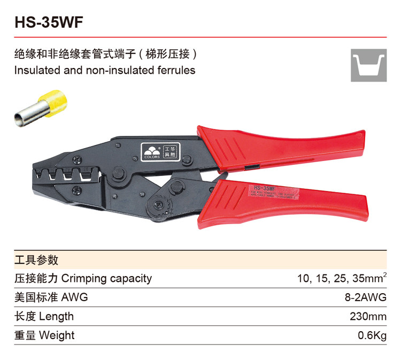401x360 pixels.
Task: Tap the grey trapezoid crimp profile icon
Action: tap(368, 65)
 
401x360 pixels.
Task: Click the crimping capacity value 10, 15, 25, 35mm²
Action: tap(342, 278)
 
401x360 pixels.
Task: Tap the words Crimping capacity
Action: tap(106, 279)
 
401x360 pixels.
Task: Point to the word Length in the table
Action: tap(56, 317)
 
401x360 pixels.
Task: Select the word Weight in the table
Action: tap(57, 336)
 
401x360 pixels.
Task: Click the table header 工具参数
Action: tap(36, 261)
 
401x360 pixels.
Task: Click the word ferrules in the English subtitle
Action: tap(177, 70)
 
